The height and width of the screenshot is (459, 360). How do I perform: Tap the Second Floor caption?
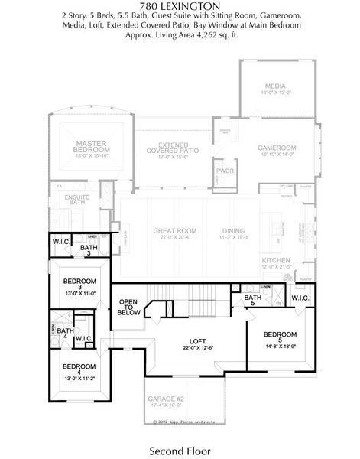coord(180,451)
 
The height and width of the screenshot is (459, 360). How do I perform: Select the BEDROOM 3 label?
coord(79,282)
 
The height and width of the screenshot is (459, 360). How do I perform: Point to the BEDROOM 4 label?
coord(79,366)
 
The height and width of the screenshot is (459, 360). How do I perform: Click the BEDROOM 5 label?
coord(279,334)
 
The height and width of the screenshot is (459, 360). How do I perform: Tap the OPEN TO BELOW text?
coord(128,307)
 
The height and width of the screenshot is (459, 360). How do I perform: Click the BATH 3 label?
coord(89,249)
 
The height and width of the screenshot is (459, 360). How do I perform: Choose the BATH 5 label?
coord(253,299)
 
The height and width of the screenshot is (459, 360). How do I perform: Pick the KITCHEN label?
coord(276,261)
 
